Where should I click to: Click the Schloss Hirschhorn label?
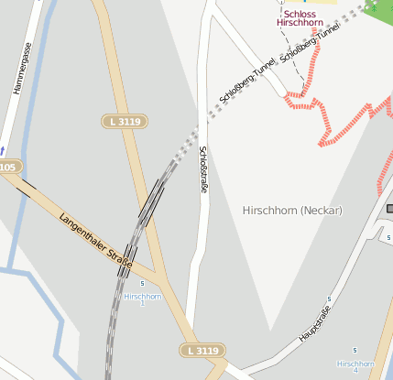[303, 18]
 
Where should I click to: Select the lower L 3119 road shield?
[201, 351]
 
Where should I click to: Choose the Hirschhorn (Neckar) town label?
[292, 211]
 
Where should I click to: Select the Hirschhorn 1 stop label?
[143, 299]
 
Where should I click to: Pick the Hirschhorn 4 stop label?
[355, 366]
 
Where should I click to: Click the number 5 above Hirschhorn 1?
[143, 285]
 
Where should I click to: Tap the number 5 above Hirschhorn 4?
[355, 352]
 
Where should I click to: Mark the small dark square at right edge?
[389, 209]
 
